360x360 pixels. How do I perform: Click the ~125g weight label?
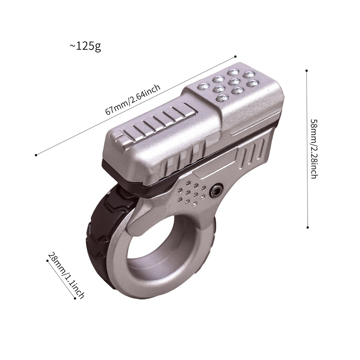(x=85, y=47)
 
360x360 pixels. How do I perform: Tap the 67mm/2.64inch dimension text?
(x=133, y=99)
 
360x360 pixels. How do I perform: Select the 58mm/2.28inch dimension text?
(x=314, y=149)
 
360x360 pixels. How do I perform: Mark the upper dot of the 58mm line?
(x=307, y=71)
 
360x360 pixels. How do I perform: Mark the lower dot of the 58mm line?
(x=308, y=227)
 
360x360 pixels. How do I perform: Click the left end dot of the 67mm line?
(x=36, y=155)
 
